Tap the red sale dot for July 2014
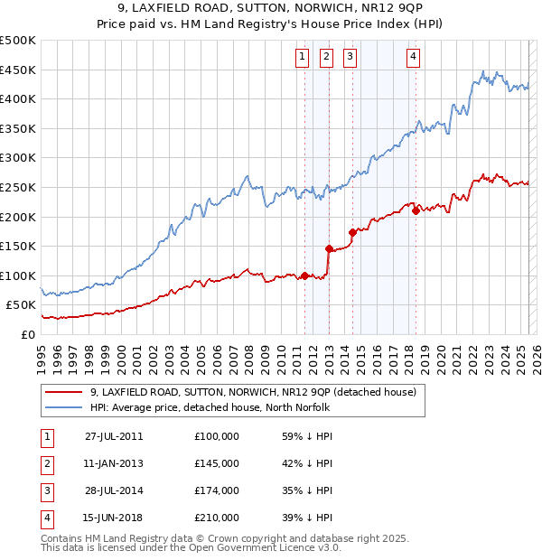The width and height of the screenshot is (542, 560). (352, 232)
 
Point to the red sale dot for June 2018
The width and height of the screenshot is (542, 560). (416, 211)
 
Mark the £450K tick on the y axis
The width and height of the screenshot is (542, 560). (18, 70)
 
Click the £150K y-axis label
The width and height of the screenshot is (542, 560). (18, 246)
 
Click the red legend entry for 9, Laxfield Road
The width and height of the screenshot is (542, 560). (253, 393)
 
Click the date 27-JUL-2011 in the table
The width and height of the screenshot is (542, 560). (114, 435)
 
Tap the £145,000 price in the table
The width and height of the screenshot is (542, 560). (216, 463)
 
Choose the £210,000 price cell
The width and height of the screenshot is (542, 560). (216, 518)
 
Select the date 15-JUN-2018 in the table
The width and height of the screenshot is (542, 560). (114, 518)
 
